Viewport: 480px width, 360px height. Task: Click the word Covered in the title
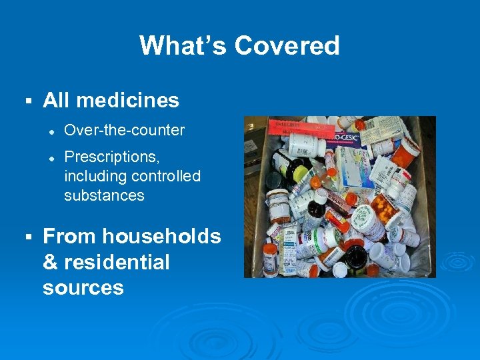[x=287, y=46]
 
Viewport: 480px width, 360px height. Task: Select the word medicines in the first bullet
[x=127, y=101]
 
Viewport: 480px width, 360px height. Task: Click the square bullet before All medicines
[x=27, y=101]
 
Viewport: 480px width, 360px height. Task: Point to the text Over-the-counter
[x=124, y=130]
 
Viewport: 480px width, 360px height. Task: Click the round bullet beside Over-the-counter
[x=51, y=131]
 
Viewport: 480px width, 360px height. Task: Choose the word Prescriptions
[x=111, y=157]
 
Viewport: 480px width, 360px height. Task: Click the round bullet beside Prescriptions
[x=51, y=157]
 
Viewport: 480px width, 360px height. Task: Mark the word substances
[x=104, y=195]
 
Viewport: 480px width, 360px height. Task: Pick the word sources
[x=83, y=287]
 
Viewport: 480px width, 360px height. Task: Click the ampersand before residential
[x=50, y=262]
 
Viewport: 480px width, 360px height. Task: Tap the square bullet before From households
[x=27, y=237]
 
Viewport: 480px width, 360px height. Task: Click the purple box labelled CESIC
[x=345, y=139]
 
